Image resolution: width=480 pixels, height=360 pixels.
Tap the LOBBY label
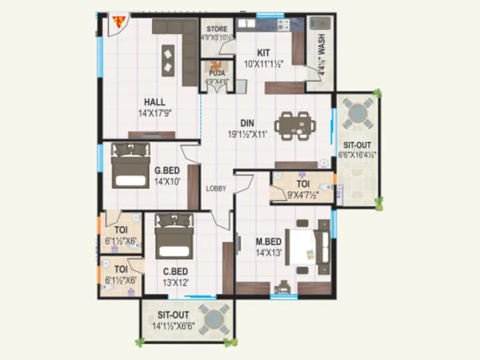tap(216, 188)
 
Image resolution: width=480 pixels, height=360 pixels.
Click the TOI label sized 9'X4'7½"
tap(303, 184)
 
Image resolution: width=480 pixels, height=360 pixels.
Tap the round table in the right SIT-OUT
tap(357, 112)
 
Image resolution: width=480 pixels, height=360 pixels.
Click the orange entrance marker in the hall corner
tap(119, 23)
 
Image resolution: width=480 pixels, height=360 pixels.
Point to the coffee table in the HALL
tap(169, 59)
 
